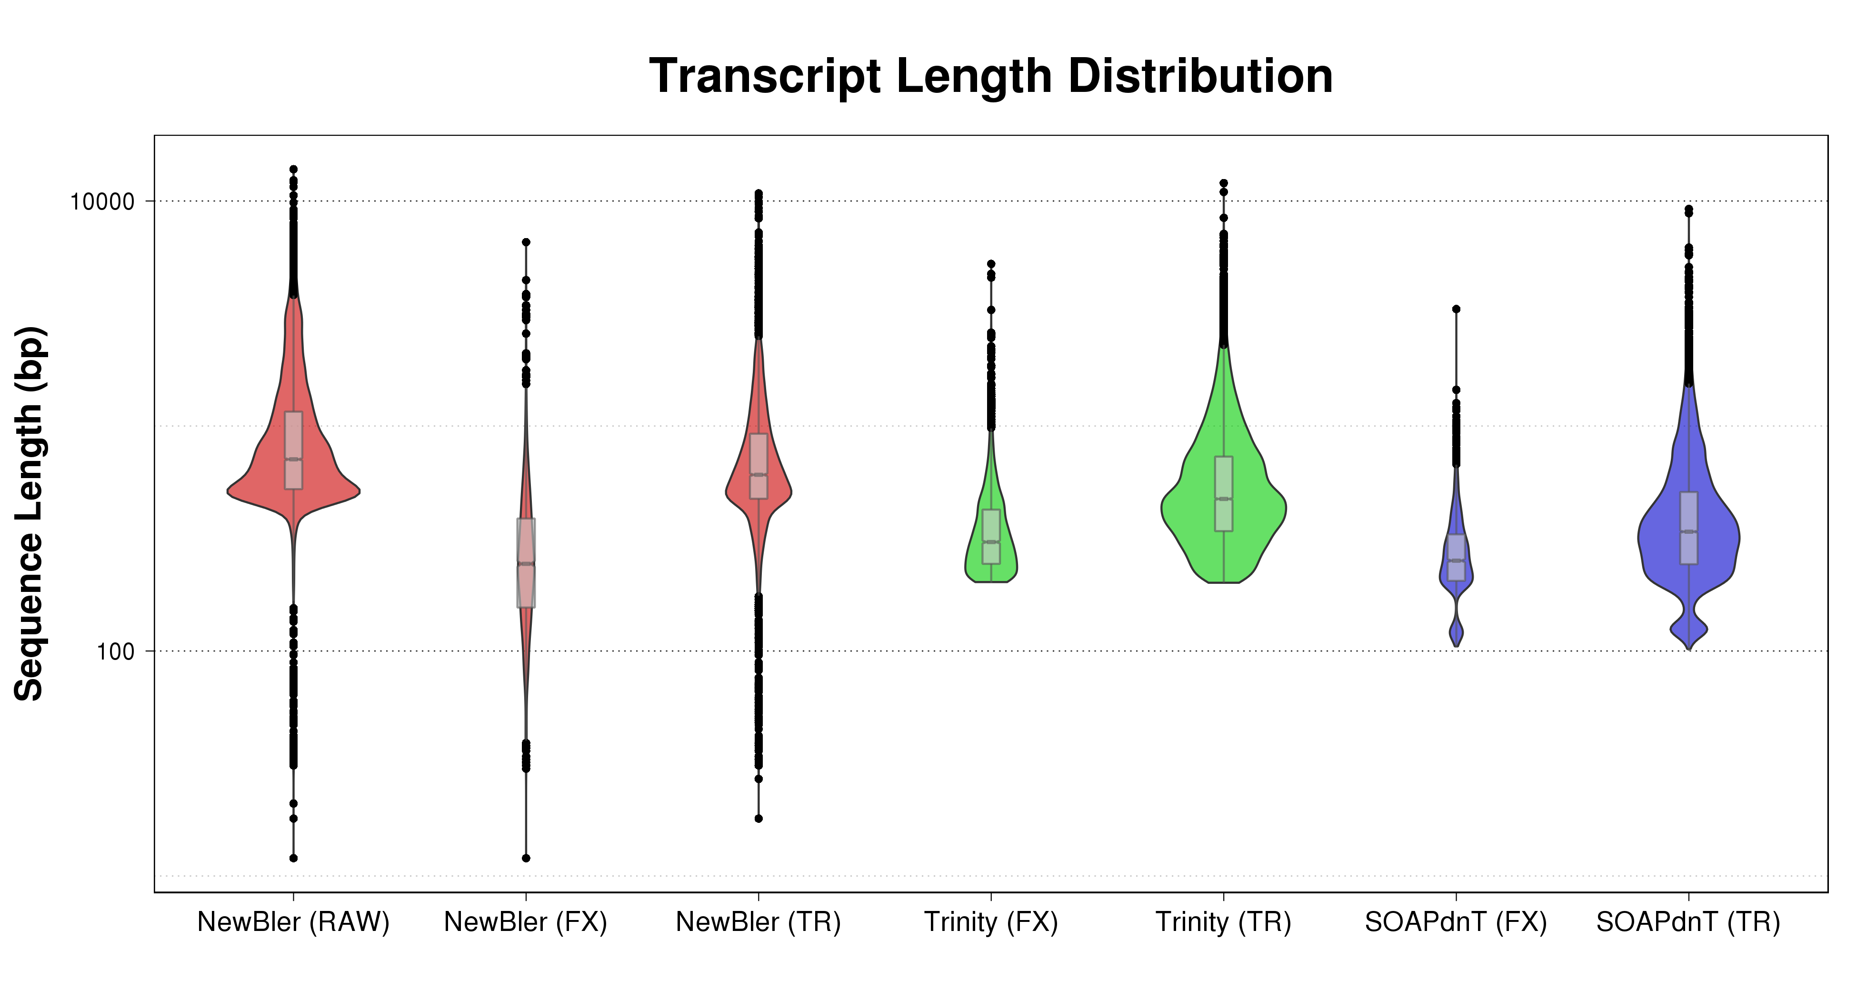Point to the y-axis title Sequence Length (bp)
(30, 513)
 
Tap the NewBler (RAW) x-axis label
(293, 922)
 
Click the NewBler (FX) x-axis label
(526, 922)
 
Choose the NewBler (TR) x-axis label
(759, 922)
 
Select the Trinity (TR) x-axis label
(1223, 922)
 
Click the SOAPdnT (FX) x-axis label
(1456, 922)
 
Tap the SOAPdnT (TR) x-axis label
(1688, 922)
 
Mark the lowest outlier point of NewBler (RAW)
(293, 858)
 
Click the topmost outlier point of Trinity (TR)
(1223, 183)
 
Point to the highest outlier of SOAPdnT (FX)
(1456, 309)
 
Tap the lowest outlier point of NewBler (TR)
(759, 818)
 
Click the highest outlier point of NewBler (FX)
(526, 242)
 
